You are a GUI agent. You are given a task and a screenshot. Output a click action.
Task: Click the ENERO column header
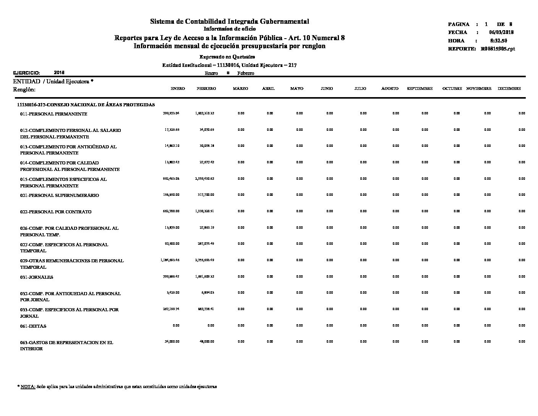pyautogui.click(x=178, y=89)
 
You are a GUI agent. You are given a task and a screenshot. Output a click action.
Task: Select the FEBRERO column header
pyautogui.click(x=206, y=89)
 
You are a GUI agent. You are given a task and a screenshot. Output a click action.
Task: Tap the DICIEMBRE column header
pyautogui.click(x=509, y=89)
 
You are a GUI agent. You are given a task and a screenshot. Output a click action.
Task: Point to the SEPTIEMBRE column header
pyautogui.click(x=420, y=89)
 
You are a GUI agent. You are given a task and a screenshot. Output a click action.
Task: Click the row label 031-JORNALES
pyautogui.click(x=37, y=277)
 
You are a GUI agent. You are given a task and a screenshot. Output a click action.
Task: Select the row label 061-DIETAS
pyautogui.click(x=33, y=326)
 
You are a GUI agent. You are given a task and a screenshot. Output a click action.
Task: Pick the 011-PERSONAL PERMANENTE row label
pyautogui.click(x=53, y=114)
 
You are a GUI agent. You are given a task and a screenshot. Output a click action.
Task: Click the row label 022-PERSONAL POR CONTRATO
pyautogui.click(x=56, y=212)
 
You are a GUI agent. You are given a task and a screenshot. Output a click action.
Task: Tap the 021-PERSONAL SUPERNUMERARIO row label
pyautogui.click(x=60, y=195)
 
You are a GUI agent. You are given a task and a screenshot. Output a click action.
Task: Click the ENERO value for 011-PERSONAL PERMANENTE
pyautogui.click(x=171, y=113)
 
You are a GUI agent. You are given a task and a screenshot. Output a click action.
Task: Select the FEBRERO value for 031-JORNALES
pyautogui.click(x=204, y=276)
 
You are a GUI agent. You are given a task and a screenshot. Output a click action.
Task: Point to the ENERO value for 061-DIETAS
pyautogui.click(x=176, y=325)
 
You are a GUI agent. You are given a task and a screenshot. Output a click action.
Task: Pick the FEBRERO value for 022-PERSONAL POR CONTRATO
pyautogui.click(x=204, y=211)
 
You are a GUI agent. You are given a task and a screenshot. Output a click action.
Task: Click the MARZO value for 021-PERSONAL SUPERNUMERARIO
pyautogui.click(x=241, y=195)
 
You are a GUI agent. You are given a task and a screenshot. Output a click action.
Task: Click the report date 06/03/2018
pyautogui.click(x=501, y=32)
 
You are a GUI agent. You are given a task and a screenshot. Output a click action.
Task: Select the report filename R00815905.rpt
pyautogui.click(x=498, y=49)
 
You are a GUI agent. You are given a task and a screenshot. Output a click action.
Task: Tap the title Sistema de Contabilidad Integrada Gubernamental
pyautogui.click(x=229, y=21)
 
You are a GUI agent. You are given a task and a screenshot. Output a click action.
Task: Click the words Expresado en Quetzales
pyautogui.click(x=227, y=57)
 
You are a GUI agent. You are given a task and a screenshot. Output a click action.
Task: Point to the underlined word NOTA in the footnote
pyautogui.click(x=28, y=387)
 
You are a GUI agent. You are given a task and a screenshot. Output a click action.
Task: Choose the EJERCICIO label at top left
pyautogui.click(x=26, y=73)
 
